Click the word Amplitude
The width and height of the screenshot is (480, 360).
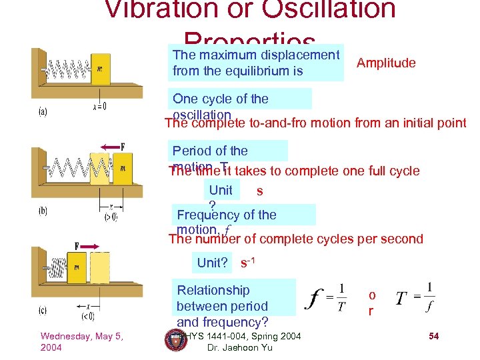pyautogui.click(x=386, y=63)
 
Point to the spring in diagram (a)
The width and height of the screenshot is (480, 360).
pyautogui.click(x=67, y=68)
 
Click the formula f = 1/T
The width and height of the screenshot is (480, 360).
pyautogui.click(x=328, y=298)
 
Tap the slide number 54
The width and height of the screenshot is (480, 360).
pyautogui.click(x=433, y=337)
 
